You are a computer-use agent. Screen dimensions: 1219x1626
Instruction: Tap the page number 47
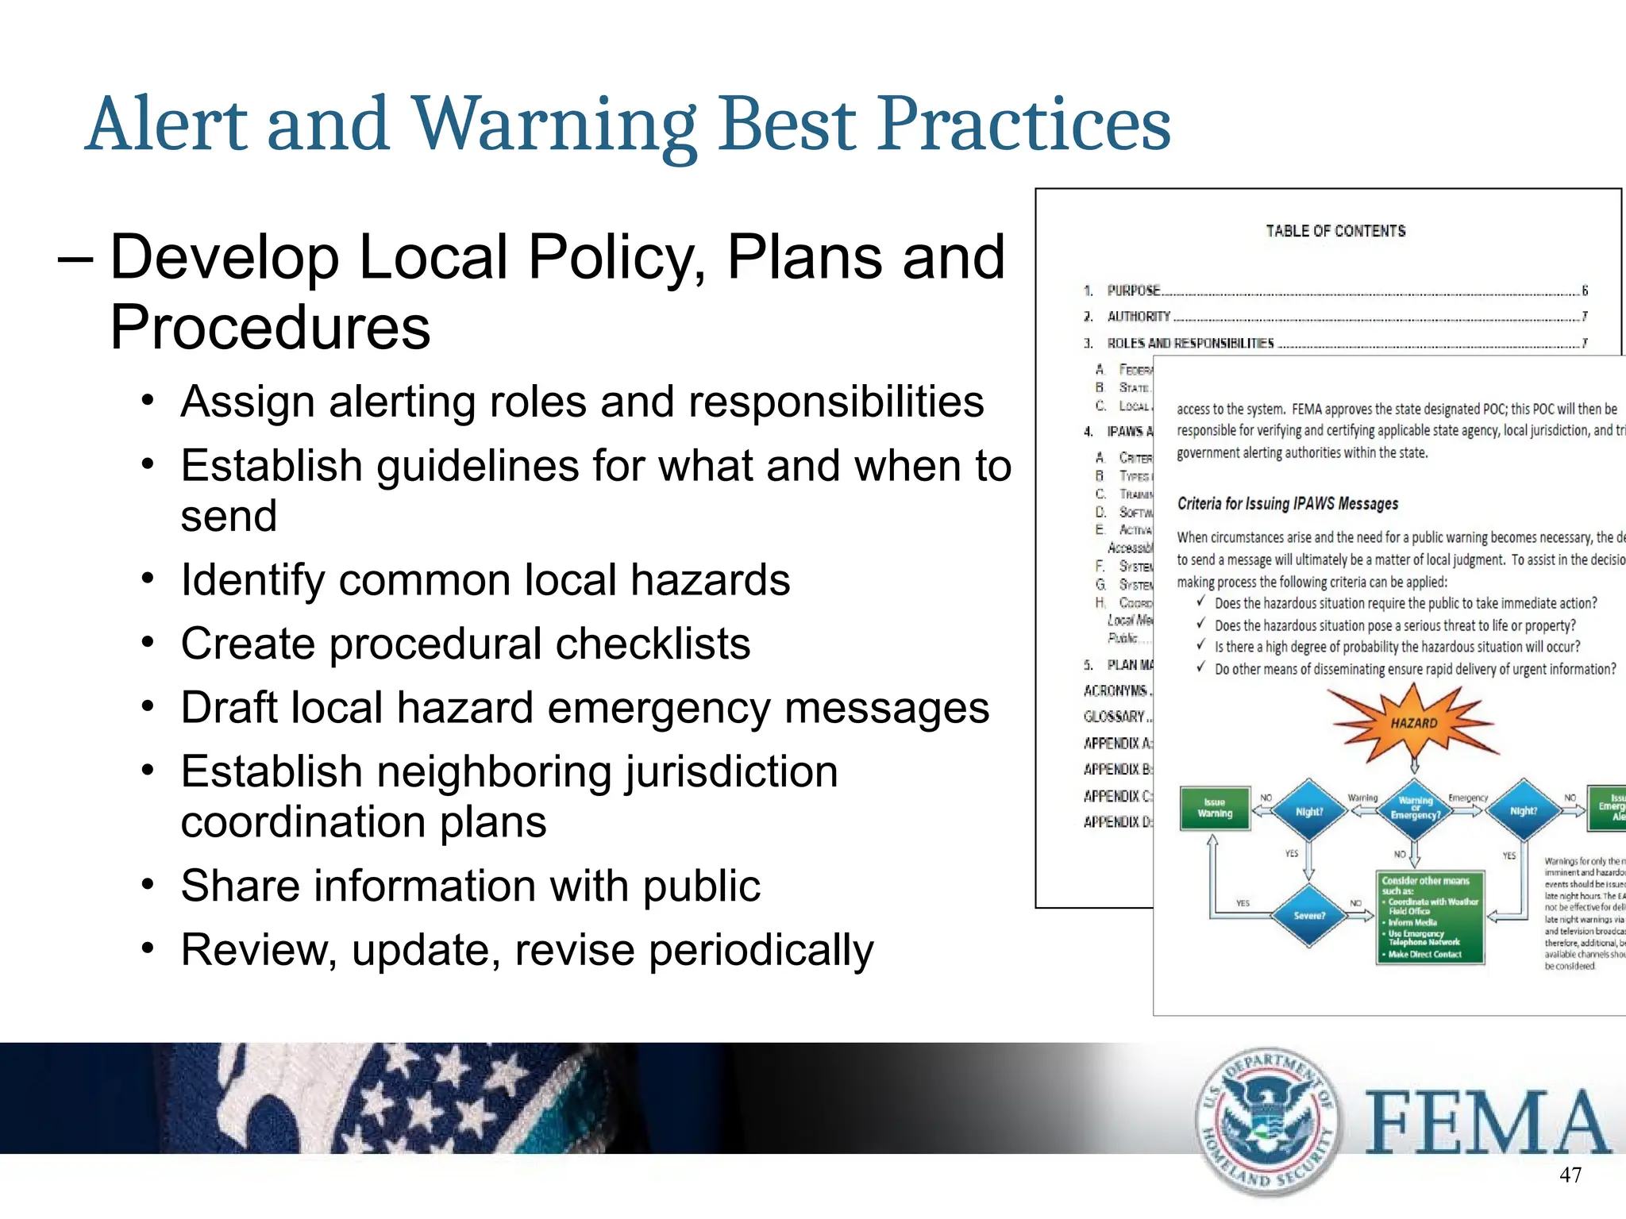click(x=1570, y=1175)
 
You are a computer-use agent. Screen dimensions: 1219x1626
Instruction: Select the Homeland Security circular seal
click(x=1267, y=1121)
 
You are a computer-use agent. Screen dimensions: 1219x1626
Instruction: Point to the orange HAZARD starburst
click(x=1414, y=722)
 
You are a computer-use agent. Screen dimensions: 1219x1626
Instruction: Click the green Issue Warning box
click(x=1215, y=808)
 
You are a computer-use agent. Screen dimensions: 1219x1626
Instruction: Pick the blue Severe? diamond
click(x=1309, y=915)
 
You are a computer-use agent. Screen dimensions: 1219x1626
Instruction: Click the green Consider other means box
click(x=1429, y=917)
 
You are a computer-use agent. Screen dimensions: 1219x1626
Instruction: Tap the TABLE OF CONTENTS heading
click(x=1335, y=231)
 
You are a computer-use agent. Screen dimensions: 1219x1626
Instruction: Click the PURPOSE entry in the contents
click(x=1134, y=290)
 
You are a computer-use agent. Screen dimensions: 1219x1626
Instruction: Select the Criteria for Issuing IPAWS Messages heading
click(x=1288, y=504)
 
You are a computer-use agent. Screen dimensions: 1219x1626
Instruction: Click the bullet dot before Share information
click(x=148, y=884)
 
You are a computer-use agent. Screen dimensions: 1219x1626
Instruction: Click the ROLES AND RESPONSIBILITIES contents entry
click(x=1190, y=344)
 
